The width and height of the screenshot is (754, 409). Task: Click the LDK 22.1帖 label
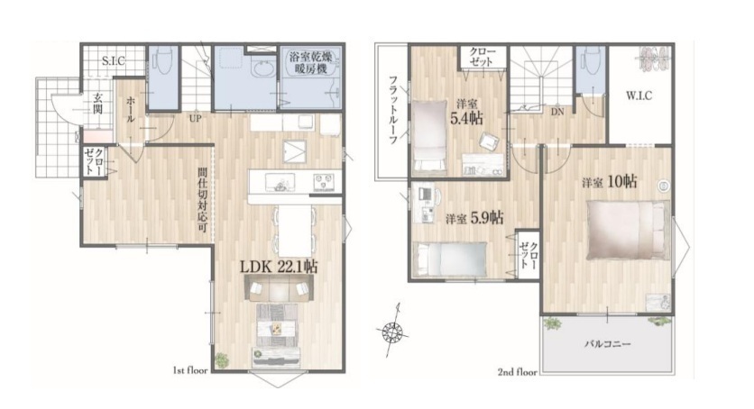[279, 267]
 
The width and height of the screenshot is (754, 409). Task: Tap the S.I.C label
[114, 61]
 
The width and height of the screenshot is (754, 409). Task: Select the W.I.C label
[639, 95]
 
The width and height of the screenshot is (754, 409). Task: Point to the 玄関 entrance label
[97, 104]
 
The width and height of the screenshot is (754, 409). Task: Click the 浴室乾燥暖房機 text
[310, 63]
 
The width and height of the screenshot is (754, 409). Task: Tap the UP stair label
[195, 118]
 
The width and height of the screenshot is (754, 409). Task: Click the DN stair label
[557, 113]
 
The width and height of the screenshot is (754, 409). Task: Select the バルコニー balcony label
[607, 344]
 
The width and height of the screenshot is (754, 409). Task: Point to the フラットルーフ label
[393, 111]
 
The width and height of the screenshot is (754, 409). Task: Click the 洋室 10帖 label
[610, 182]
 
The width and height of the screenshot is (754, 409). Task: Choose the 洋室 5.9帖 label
[474, 218]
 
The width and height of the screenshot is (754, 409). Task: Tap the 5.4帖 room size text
[466, 118]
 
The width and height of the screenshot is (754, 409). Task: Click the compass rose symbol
[394, 331]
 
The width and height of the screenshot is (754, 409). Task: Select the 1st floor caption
[190, 370]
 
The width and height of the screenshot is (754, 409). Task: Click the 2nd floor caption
[518, 371]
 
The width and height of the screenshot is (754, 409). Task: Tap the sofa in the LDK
[279, 289]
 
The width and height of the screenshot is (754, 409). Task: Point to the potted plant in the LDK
[222, 360]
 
